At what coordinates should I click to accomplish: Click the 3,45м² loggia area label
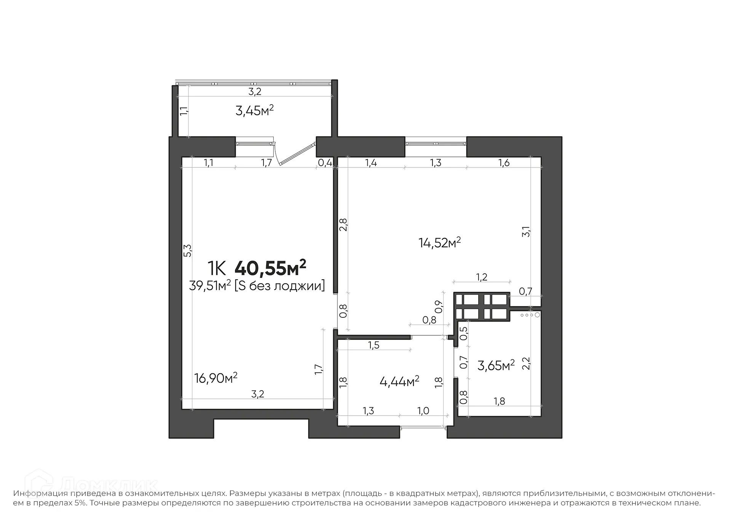point(254,111)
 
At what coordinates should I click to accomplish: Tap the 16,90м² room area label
point(215,378)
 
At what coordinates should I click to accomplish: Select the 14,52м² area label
point(439,242)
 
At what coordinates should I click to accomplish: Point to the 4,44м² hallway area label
point(399,381)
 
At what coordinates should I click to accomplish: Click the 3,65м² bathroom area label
point(496,366)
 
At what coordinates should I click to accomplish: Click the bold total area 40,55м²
point(270,268)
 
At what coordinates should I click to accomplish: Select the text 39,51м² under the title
point(210,285)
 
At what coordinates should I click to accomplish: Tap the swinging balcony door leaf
point(297,155)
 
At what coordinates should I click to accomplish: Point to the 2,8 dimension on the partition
point(343,225)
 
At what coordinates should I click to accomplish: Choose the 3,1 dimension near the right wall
point(526,231)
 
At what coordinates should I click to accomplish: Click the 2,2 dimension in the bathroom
point(526,364)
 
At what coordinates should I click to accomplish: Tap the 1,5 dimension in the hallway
point(373,345)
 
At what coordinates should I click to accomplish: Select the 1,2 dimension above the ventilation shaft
point(482,277)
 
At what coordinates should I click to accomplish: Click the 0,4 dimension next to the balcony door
point(325,163)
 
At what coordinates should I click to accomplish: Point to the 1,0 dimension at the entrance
point(423,411)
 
